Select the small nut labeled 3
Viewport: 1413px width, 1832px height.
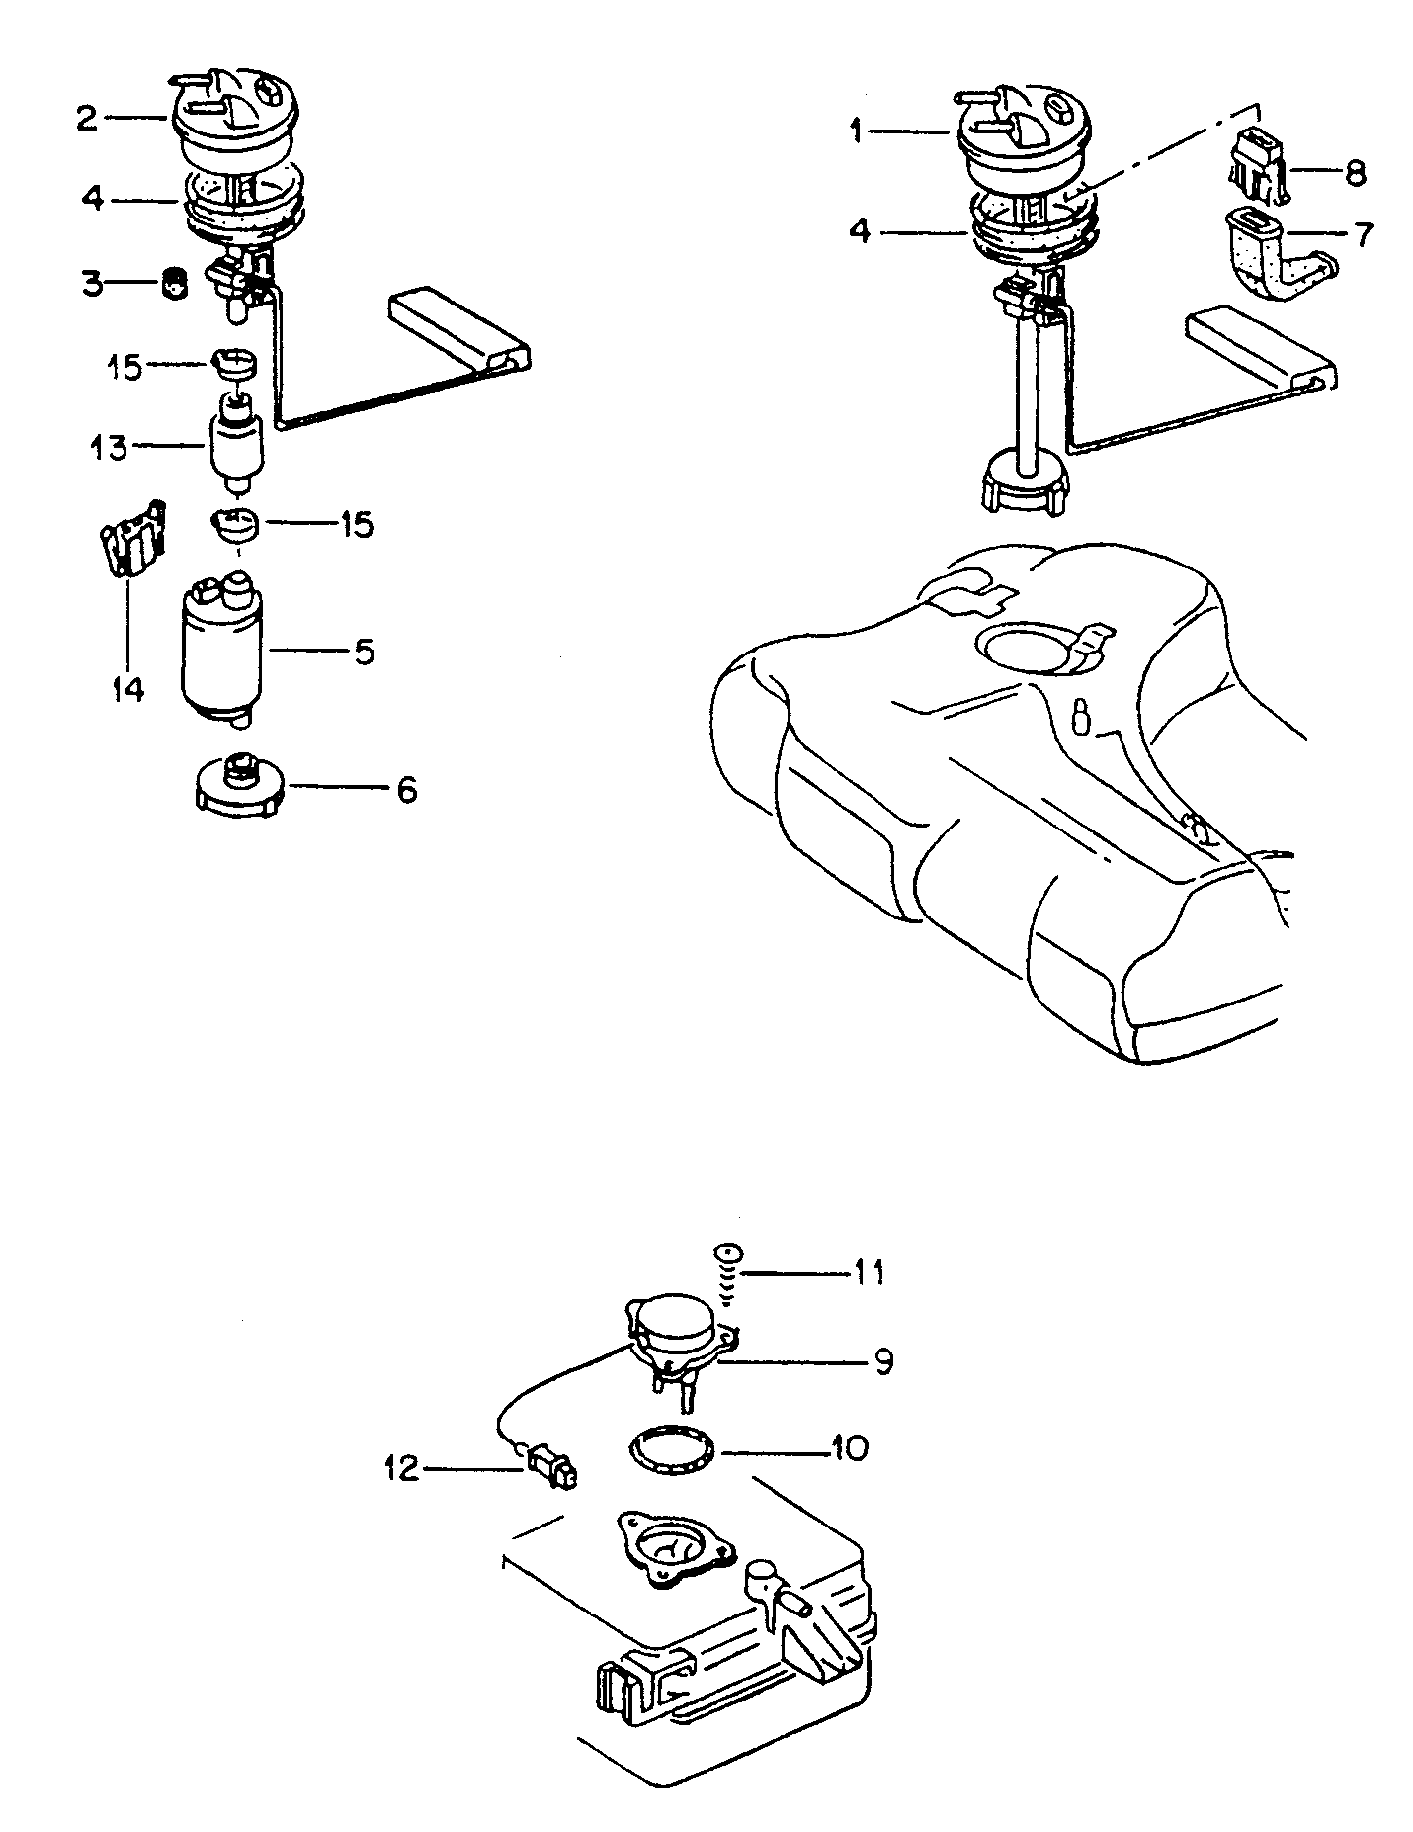175,283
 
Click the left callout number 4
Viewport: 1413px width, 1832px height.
92,199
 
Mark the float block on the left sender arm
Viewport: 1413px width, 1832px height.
461,331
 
